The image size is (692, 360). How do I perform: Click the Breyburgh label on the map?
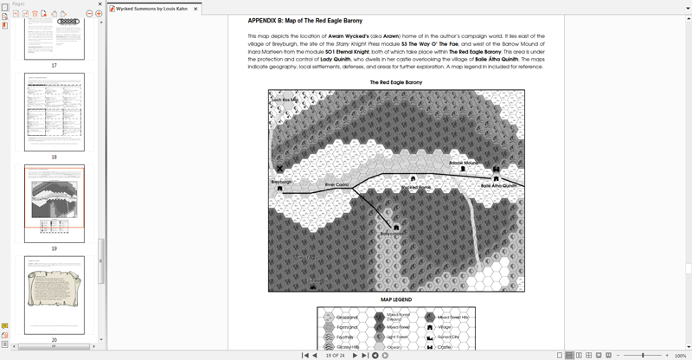(281, 182)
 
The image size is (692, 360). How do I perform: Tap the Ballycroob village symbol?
(396, 228)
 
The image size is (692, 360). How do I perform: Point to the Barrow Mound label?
(464, 163)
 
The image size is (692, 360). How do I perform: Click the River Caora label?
(336, 184)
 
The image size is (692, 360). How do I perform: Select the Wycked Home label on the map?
(415, 187)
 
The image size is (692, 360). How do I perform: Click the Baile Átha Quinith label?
(498, 186)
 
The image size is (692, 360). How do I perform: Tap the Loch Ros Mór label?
(284, 100)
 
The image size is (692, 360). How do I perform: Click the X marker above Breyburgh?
(279, 170)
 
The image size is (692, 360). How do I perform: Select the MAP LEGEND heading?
(396, 299)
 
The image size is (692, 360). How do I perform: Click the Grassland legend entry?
(346, 318)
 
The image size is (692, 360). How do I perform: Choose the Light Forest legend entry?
(398, 337)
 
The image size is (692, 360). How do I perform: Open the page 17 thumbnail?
(54, 35)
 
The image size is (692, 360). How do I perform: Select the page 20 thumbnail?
(54, 295)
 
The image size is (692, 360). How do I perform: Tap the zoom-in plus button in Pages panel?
(99, 14)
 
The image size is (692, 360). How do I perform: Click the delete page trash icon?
(35, 14)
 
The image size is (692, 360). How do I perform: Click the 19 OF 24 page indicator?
(335, 355)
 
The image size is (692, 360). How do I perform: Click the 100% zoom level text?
(680, 355)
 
